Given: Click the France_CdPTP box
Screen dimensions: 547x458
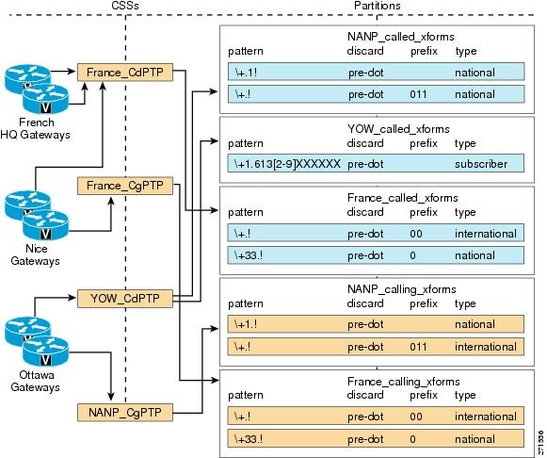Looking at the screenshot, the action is [x=125, y=73].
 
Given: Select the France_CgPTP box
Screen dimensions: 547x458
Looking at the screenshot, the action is [x=125, y=186].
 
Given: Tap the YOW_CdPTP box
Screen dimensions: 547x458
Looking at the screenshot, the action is [x=125, y=299].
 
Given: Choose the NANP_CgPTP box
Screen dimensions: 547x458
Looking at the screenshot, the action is [x=125, y=412].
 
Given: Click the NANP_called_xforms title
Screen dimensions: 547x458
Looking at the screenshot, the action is [x=401, y=37].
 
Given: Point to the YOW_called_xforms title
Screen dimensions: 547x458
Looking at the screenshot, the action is [x=398, y=129].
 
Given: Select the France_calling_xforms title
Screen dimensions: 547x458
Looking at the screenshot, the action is [x=404, y=382].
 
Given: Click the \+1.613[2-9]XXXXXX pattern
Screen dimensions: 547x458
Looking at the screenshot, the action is [x=287, y=164].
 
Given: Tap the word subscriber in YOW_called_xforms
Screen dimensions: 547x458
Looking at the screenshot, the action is [x=481, y=164].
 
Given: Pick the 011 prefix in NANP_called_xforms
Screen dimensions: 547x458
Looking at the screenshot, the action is [x=418, y=94].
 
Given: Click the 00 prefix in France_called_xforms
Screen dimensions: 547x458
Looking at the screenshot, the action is [x=416, y=234].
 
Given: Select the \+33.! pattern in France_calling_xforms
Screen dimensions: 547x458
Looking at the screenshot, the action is [x=249, y=439].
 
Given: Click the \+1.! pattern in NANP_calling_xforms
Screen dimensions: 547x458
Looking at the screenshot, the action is [x=246, y=324].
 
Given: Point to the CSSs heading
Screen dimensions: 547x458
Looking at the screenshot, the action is [x=125, y=6].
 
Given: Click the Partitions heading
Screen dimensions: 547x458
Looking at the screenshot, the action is [x=378, y=6].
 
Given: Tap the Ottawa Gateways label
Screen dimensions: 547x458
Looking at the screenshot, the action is [x=35, y=381].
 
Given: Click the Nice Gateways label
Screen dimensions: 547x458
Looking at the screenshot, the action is [x=35, y=254].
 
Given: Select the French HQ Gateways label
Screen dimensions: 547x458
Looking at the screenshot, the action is [x=35, y=128].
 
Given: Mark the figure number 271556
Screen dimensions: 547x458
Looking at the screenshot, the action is [x=540, y=442].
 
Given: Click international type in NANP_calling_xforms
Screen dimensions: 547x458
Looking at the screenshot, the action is [x=486, y=347].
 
